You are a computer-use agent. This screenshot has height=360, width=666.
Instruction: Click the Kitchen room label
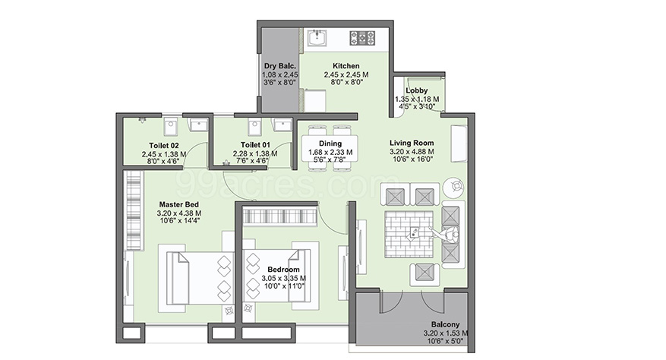point(346,66)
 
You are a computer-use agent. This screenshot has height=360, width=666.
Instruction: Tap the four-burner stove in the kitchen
point(362,37)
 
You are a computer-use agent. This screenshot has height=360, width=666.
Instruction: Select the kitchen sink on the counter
point(317,38)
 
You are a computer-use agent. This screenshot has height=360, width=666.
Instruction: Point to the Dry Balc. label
point(280,66)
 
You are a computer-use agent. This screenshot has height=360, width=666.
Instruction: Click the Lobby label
point(417,90)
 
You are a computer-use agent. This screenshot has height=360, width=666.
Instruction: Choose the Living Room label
point(412,144)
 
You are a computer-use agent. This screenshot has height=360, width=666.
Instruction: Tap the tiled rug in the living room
point(409,234)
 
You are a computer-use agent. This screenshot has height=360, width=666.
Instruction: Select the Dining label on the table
point(330,144)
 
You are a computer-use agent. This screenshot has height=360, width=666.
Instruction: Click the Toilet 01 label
point(255,145)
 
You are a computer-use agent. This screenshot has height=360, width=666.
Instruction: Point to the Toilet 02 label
point(164,145)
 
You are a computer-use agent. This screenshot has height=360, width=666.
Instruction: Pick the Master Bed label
point(178,204)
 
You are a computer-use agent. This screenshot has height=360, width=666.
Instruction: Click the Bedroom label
point(283,270)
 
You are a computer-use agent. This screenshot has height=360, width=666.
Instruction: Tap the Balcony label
point(445,324)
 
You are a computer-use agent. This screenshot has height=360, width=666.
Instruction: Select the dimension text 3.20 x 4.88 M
point(412,151)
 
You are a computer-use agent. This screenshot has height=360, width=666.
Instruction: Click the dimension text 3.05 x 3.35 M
point(283,278)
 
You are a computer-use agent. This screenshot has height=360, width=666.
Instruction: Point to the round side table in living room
point(453,187)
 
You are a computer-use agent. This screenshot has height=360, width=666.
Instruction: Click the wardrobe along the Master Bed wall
point(134,210)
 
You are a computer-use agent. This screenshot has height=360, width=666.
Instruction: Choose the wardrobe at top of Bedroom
point(280,215)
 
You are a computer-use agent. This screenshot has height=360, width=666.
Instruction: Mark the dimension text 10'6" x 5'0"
point(445,341)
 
